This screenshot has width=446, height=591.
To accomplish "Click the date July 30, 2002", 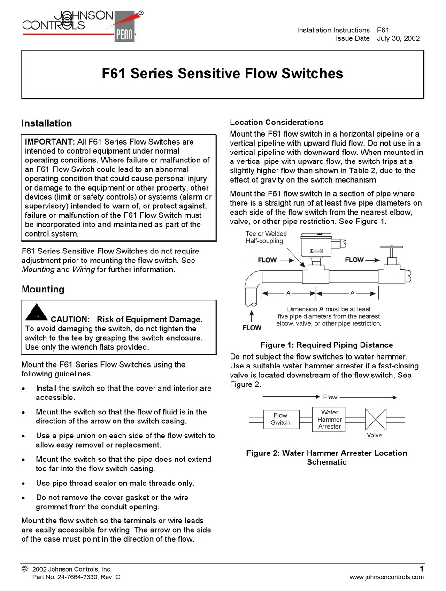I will click(x=398, y=38).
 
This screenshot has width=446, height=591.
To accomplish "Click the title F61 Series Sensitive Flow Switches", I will click(x=223, y=74).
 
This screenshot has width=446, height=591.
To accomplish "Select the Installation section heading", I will click(x=46, y=123).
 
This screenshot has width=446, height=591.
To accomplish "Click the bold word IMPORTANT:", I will click(x=49, y=142).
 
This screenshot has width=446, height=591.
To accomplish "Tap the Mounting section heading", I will click(x=43, y=289).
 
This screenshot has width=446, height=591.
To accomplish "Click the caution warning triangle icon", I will click(x=37, y=312).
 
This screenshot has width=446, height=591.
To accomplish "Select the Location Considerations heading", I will click(x=276, y=123).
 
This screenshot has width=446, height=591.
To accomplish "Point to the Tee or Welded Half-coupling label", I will click(x=266, y=237).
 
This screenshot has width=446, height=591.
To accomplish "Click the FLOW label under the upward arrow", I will click(x=252, y=328).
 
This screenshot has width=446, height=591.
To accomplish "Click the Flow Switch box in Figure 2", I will click(x=280, y=419).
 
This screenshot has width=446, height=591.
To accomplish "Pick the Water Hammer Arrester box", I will click(x=330, y=419).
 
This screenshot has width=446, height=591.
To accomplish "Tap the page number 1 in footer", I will click(x=421, y=569).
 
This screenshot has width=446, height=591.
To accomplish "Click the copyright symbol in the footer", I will click(x=25, y=569).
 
